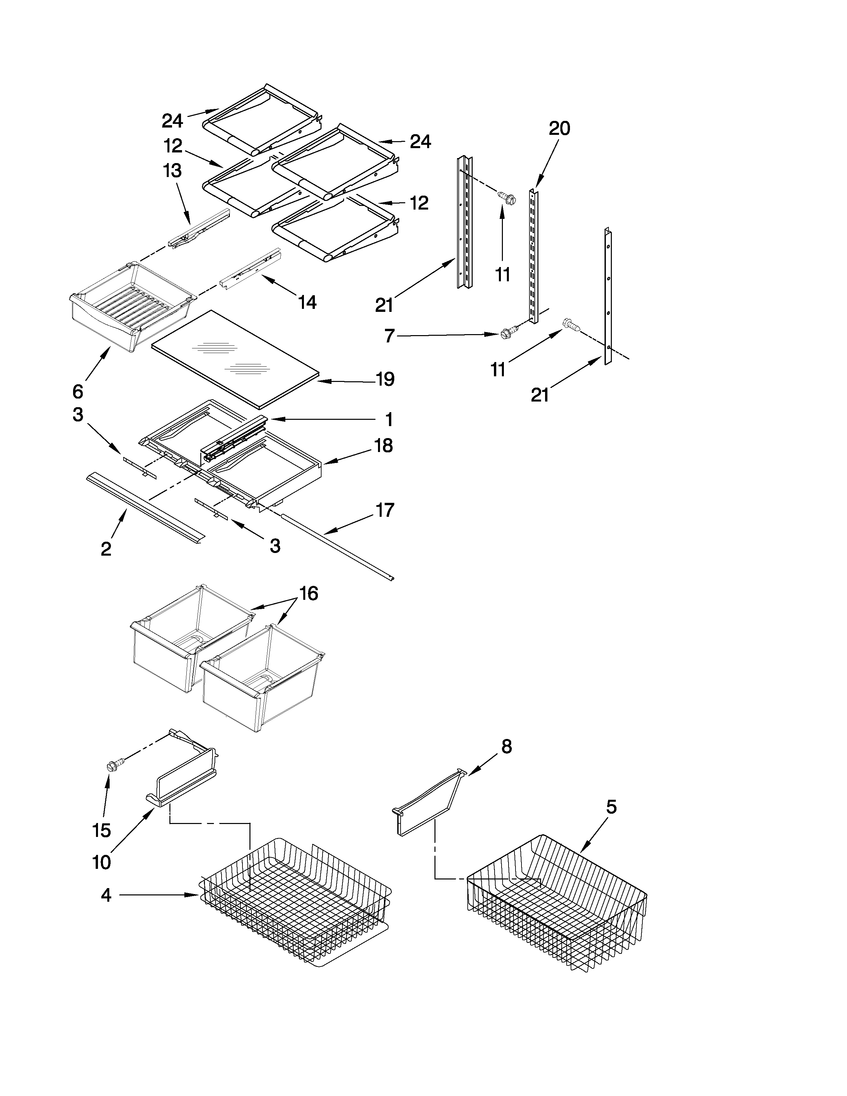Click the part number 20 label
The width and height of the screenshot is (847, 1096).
(x=559, y=129)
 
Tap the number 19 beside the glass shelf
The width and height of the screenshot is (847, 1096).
(x=385, y=379)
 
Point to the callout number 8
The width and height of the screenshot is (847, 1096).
(x=506, y=747)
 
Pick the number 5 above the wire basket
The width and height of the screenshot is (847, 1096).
(x=611, y=807)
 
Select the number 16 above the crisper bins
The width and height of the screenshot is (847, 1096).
(x=309, y=594)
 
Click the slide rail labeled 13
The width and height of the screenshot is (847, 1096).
(x=199, y=228)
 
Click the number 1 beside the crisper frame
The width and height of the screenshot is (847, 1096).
(x=389, y=419)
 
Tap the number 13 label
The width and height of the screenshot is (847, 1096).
(x=172, y=171)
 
